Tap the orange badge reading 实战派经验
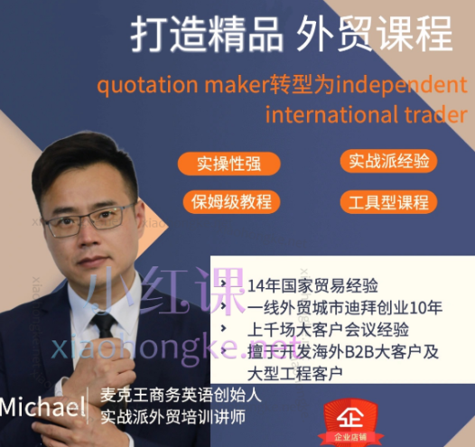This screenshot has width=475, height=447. click(x=389, y=162)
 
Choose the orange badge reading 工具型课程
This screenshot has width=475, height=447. click(x=389, y=201)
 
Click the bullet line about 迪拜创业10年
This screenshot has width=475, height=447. click(x=344, y=307)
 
